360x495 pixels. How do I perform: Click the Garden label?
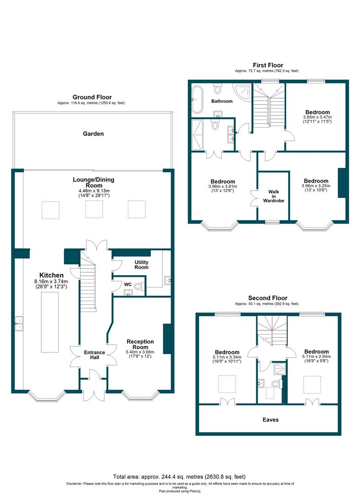pyautogui.click(x=93, y=134)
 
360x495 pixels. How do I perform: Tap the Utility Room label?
pyautogui.click(x=141, y=264)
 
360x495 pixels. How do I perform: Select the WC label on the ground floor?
pyautogui.click(x=127, y=285)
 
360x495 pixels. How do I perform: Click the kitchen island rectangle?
pyautogui.click(x=50, y=322)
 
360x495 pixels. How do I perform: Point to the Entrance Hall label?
pyautogui.click(x=94, y=355)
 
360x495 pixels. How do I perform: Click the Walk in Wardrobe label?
pyautogui.click(x=273, y=196)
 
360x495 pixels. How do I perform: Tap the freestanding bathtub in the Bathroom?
pyautogui.click(x=198, y=99)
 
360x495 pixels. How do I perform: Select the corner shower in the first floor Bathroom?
pyautogui.click(x=242, y=91)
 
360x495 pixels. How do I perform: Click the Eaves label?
pyautogui.click(x=271, y=420)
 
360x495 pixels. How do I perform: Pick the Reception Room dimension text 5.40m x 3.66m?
pyautogui.click(x=140, y=352)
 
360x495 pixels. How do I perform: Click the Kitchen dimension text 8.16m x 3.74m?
pyautogui.click(x=51, y=281)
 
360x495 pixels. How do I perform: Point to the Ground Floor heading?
pyautogui.click(x=92, y=97)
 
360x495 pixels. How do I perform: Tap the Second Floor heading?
pyautogui.click(x=268, y=298)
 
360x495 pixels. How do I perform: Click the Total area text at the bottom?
pyautogui.click(x=179, y=477)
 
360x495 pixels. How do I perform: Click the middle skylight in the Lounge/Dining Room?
pyautogui.click(x=94, y=209)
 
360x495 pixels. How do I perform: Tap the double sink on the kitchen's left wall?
pyautogui.click(x=19, y=323)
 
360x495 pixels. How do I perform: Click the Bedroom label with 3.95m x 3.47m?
pyautogui.click(x=317, y=112)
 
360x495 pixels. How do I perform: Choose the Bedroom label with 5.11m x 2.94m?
pyautogui.click(x=316, y=352)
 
